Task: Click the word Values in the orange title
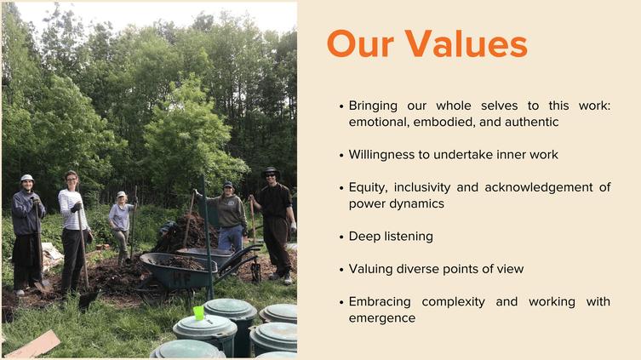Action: click(x=466, y=43)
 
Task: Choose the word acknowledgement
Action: click(x=538, y=187)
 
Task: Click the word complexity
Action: click(x=454, y=302)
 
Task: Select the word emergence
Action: click(x=382, y=318)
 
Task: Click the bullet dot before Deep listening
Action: click(x=341, y=237)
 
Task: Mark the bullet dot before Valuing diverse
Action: click(x=341, y=270)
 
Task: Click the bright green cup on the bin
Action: click(x=198, y=313)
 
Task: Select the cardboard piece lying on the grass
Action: click(x=32, y=345)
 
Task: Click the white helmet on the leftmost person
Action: click(x=27, y=178)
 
